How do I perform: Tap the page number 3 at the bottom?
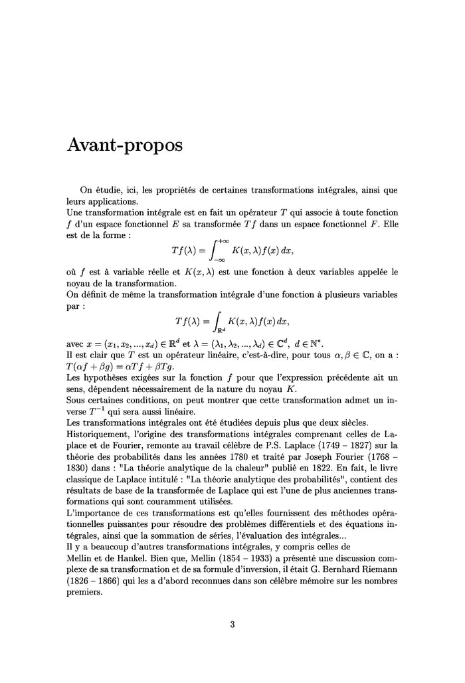click(x=232, y=624)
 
